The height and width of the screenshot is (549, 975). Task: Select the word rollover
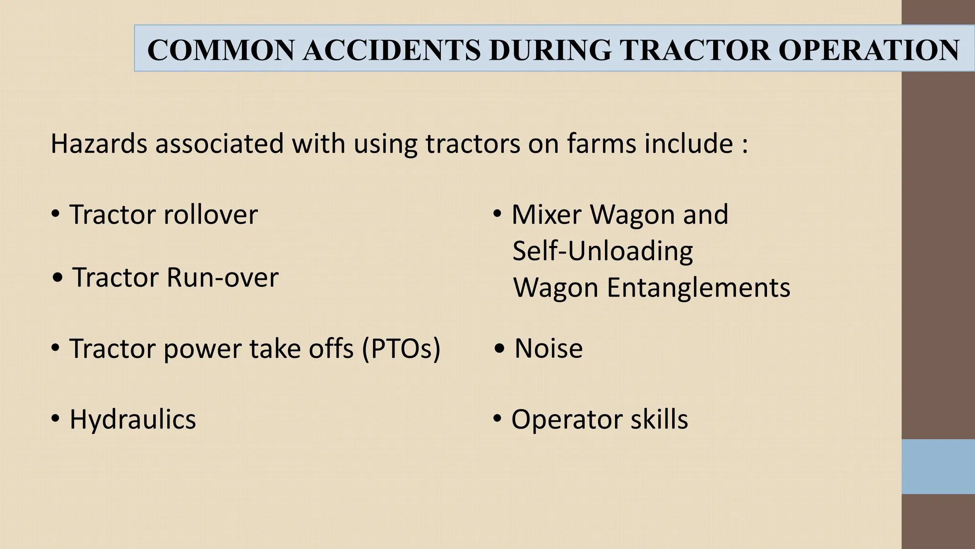click(210, 214)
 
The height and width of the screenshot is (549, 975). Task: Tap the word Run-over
click(222, 277)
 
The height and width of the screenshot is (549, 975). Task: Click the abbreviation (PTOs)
click(401, 348)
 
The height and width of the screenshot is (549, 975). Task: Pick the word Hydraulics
click(133, 419)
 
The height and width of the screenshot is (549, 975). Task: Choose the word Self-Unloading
click(603, 251)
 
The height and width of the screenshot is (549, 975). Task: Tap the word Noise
click(548, 348)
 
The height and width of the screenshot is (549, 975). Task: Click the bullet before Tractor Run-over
click(58, 278)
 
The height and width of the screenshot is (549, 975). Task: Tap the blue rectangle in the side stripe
click(938, 466)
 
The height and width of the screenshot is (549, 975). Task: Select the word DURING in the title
click(550, 50)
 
